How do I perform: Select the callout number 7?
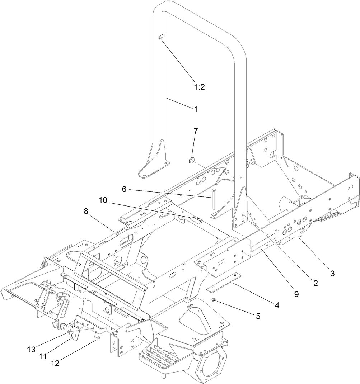(195, 131)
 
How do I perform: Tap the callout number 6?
(124, 189)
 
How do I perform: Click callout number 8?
(86, 212)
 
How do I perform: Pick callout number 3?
(332, 274)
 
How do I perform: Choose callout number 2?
(315, 283)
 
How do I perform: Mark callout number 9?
(296, 294)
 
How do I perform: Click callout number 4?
(276, 305)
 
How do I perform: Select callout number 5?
(257, 316)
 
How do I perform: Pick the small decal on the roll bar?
(161, 37)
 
